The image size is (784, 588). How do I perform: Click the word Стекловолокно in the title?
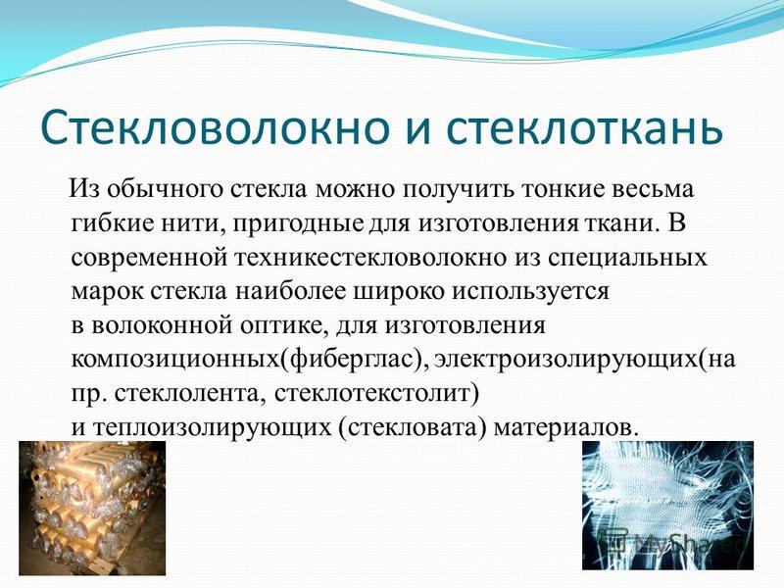coord(215,126)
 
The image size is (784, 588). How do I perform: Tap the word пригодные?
coord(298,224)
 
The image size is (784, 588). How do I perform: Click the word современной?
coord(149,258)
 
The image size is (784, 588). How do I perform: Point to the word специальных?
coord(627,258)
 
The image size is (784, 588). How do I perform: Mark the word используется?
coord(530,292)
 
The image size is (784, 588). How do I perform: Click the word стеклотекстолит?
coord(376,394)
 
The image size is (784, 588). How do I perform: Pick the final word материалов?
coord(566,427)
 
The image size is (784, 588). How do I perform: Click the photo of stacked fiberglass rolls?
coord(92,508)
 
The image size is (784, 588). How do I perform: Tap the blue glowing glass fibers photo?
coord(667,506)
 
